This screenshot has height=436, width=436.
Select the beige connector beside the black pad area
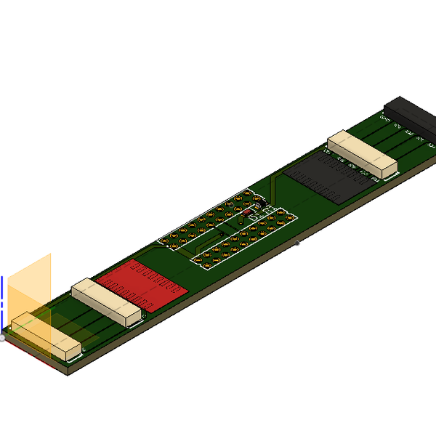(x=362, y=154)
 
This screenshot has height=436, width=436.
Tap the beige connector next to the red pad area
(x=106, y=301)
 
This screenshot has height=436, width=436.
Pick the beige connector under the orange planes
(x=45, y=336)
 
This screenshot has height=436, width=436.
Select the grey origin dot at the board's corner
(x=3, y=338)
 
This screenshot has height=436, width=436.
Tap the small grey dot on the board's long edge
(x=297, y=243)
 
